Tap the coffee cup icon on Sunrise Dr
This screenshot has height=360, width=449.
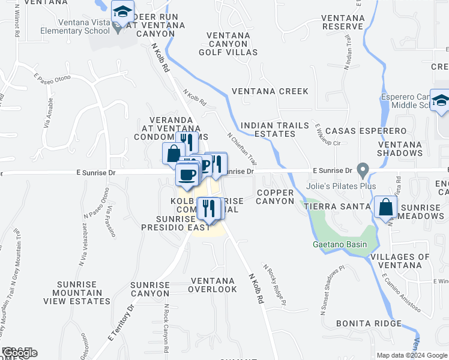187,175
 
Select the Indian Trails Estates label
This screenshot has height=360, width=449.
268,130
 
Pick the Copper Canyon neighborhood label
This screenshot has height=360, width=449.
275,196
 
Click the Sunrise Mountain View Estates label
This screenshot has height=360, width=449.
84,293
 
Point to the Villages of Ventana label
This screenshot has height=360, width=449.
400,261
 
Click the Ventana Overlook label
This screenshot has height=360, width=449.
212,285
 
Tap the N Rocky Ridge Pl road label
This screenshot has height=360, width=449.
274,280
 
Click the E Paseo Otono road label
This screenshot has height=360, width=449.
52,79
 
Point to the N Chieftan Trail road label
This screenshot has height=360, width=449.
243,149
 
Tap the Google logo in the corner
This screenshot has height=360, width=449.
19,353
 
